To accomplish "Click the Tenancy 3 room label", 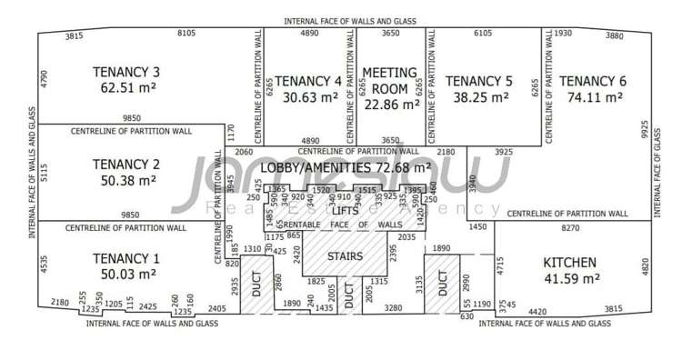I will point(126,72).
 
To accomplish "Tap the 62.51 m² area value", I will point(126,89).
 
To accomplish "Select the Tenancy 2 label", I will point(126,165).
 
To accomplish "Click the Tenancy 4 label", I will point(308,80).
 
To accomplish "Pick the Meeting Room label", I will point(390,80).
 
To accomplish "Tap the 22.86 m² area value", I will point(391,104).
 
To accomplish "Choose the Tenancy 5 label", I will point(479,80).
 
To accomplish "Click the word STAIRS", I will point(345,256).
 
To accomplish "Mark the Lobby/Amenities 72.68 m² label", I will point(346,168).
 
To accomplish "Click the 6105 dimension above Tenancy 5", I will point(484,34).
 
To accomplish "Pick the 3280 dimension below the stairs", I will point(393,308).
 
